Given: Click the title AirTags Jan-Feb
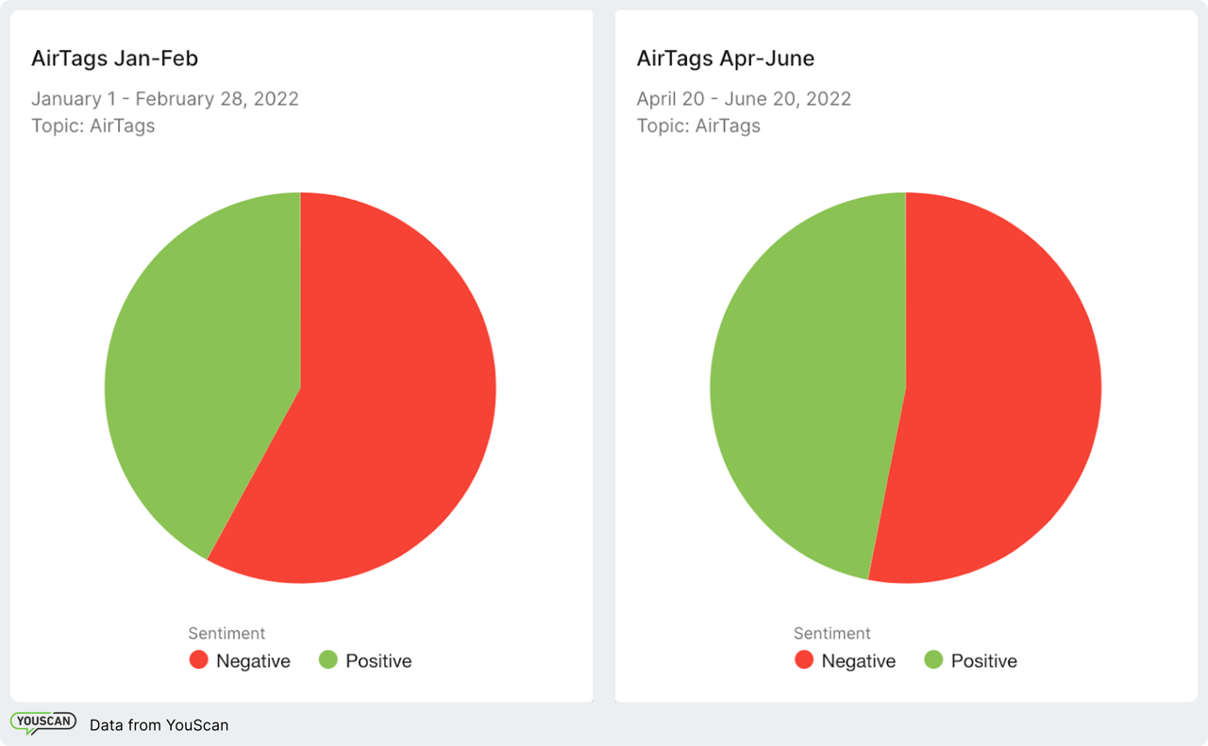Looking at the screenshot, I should pos(114,58).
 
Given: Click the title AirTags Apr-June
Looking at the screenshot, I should pos(725,58).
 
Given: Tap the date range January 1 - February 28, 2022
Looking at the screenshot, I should pos(164,99).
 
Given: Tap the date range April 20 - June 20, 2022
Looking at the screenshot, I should pos(744,99).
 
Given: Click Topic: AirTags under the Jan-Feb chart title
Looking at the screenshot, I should pos(92,125).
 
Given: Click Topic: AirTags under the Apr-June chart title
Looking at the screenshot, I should pos(698,125).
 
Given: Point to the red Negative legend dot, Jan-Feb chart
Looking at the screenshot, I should pos(198,660).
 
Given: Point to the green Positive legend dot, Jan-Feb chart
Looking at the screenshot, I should pos(327,660).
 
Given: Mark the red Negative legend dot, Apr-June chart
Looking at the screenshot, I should pos(804,660).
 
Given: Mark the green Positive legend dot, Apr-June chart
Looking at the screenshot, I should pos(933,660).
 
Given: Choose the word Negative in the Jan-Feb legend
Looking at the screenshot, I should pos(253,661).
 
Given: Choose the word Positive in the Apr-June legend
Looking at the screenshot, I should pos(983,661).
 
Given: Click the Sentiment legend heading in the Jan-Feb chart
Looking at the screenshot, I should pos(226,634).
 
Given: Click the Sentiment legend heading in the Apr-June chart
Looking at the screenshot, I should pos(831,634).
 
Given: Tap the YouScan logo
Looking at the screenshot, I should pos(43,723).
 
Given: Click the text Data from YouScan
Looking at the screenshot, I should pos(159,725).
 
